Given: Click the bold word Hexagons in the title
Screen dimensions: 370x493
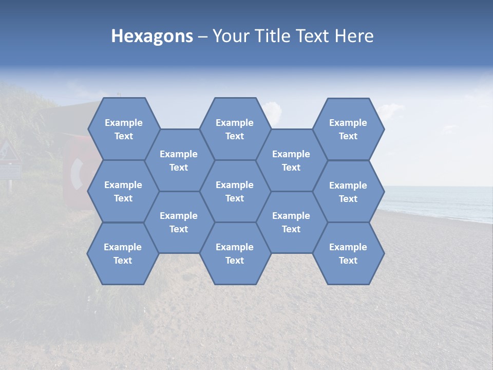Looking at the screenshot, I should (x=152, y=36).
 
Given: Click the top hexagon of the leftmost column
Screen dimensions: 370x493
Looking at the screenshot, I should (x=123, y=129).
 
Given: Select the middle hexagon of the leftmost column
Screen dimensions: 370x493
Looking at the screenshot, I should (x=123, y=191).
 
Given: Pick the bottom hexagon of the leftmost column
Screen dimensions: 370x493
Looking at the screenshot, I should (x=123, y=253).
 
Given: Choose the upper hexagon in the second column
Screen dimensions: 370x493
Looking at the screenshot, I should (x=179, y=160).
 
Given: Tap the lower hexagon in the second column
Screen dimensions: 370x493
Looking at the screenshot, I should (x=179, y=222).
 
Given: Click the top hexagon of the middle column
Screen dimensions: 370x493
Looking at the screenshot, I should (x=235, y=129).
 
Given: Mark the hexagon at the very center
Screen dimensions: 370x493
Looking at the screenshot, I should (x=235, y=191).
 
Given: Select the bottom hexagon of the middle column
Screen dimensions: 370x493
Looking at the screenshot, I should (x=235, y=253).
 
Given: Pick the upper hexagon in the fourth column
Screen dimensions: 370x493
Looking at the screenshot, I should (x=291, y=160).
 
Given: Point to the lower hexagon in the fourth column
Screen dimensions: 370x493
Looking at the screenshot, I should (x=291, y=222).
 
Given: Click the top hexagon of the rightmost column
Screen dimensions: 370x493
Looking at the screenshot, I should (x=348, y=129).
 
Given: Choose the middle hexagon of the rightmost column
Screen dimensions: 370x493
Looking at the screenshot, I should (x=348, y=192).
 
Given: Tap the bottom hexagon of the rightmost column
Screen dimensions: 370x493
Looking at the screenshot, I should (x=348, y=253).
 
